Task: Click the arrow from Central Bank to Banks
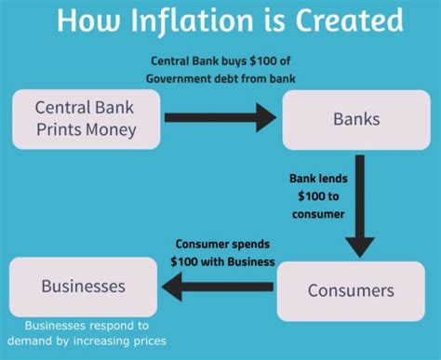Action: [x=220, y=118]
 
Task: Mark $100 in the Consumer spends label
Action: [x=189, y=262]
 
